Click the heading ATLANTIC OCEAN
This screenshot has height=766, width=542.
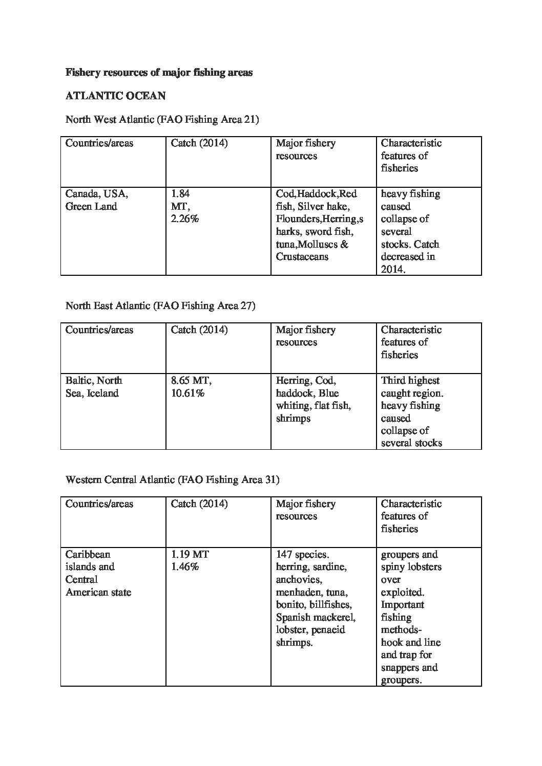click(115, 96)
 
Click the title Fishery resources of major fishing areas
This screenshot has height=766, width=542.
click(159, 72)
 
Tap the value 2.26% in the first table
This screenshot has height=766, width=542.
click(184, 219)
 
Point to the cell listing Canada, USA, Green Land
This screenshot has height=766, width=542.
click(97, 200)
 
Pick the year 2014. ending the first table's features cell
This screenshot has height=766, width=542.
click(393, 269)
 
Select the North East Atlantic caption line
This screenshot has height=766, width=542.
click(160, 306)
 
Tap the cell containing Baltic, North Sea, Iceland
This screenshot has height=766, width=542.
click(94, 387)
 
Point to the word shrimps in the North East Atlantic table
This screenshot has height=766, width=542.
click(293, 418)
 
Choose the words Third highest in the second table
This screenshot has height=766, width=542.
click(410, 381)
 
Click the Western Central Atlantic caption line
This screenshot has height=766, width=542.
click(172, 480)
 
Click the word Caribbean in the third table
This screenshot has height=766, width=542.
click(88, 555)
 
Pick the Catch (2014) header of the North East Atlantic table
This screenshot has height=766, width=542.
click(199, 330)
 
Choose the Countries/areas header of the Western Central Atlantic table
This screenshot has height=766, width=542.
click(99, 504)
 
